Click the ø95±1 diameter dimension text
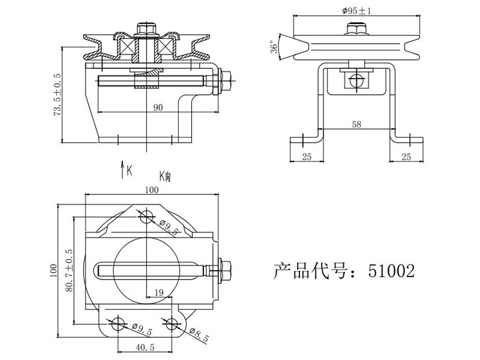pos(356,11)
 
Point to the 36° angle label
pos(274,47)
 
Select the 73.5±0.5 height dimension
pos(57,95)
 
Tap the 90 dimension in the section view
pos(158,107)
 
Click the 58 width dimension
pos(356,124)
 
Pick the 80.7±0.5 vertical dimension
pos(69,271)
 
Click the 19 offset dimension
pos(159,293)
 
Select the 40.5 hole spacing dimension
pos(145,347)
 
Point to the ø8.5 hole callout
pos(199,334)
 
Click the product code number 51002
pos(392,271)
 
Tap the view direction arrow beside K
pos(122,169)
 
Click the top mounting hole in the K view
pos(147,217)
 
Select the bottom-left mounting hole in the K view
pos(118,324)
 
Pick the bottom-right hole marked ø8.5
pos(172,324)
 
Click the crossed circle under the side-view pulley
pos(356,81)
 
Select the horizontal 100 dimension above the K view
pos(152,190)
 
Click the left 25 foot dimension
pos(307,157)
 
